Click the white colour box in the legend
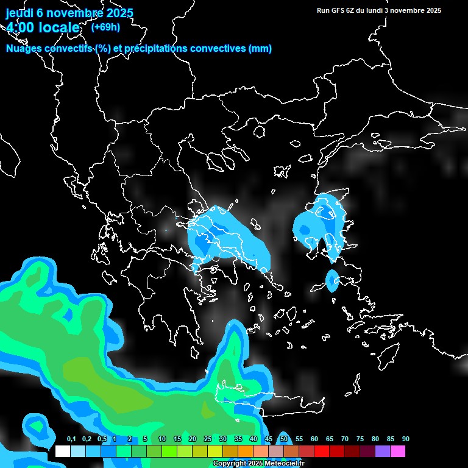point(62,452)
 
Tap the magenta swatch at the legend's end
point(398,452)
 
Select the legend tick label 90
point(406,439)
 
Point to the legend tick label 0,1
point(71,439)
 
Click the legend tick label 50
point(284,439)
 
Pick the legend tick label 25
point(208,439)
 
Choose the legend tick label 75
point(360,439)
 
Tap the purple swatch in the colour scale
point(383,452)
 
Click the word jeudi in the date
point(20,13)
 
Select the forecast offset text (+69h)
point(105,27)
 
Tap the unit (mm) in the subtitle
point(261,49)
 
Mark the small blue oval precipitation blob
point(332,280)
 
